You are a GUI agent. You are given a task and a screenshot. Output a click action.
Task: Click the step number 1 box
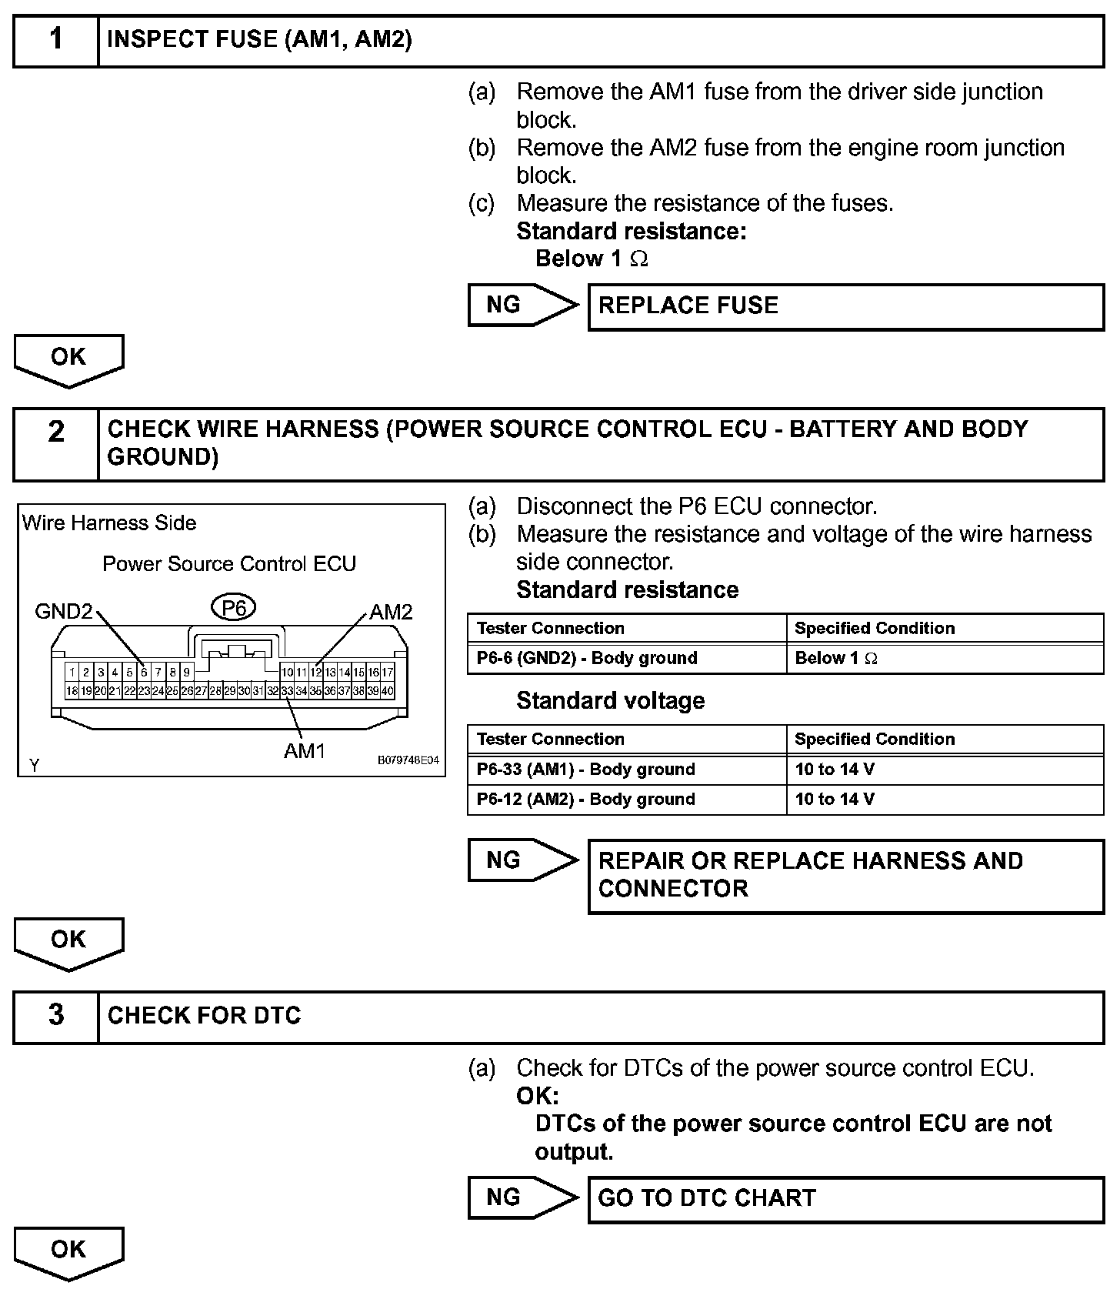[x=56, y=40]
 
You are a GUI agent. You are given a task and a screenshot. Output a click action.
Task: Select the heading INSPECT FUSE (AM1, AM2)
[x=259, y=40]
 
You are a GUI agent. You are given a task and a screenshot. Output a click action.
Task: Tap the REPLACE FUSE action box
[x=845, y=306]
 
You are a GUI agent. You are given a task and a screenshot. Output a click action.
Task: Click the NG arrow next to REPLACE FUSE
[x=521, y=305]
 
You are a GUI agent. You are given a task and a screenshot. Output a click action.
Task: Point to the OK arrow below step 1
[x=68, y=359]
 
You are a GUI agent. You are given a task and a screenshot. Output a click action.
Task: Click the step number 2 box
[x=56, y=444]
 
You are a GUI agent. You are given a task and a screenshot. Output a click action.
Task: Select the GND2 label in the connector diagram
[x=64, y=612]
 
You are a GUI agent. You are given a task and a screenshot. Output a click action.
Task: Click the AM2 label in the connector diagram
[x=391, y=612]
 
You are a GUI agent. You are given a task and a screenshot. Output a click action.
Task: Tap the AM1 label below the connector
[x=305, y=751]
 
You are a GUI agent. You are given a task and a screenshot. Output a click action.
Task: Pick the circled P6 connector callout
[x=234, y=609]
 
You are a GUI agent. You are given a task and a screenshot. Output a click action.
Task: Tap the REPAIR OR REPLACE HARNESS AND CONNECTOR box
[x=845, y=876]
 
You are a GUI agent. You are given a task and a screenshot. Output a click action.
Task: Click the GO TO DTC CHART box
[x=845, y=1198]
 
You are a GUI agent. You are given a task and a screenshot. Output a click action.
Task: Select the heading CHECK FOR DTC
[x=204, y=1016]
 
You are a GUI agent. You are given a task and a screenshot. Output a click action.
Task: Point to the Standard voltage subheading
[x=610, y=700]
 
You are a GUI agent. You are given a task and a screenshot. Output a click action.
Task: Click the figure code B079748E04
[x=408, y=760]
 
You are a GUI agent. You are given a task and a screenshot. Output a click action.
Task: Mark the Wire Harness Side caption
[x=109, y=523]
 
